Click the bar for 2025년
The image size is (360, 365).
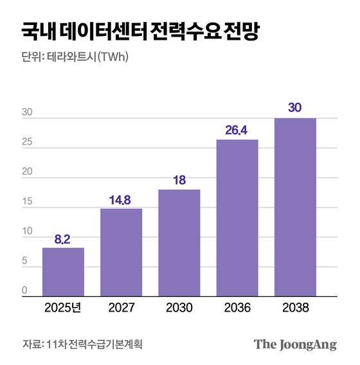tap(63, 271)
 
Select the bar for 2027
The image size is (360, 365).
tap(121, 252)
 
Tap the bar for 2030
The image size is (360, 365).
tap(179, 242)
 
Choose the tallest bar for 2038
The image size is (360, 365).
tap(294, 206)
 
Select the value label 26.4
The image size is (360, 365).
tap(237, 130)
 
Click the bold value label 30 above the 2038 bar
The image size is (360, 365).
tap(294, 108)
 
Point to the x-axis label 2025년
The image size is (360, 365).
tap(63, 308)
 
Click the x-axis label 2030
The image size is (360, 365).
tap(179, 308)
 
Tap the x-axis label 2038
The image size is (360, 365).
tap(294, 308)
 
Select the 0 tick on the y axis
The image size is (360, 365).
tap(24, 290)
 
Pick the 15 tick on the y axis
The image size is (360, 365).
tap(26, 202)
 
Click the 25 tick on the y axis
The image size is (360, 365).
tap(26, 143)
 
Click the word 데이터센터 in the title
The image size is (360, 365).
tap(106, 31)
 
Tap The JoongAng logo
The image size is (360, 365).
tap(295, 344)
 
